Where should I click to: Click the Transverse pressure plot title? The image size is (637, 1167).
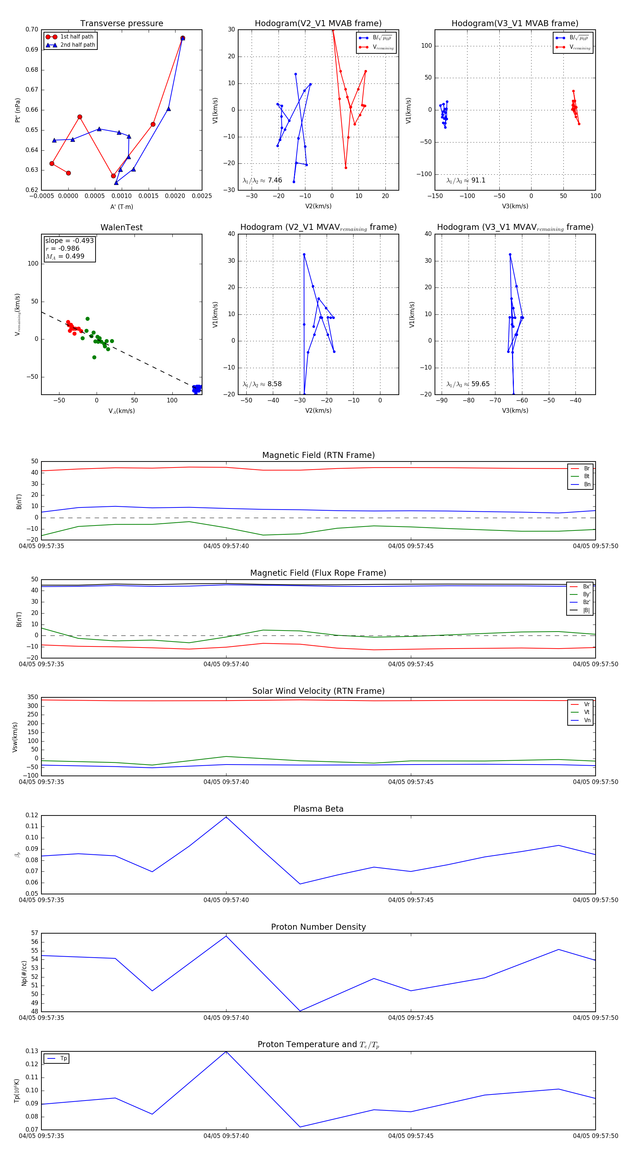(121, 24)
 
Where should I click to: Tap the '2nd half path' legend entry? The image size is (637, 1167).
(78, 45)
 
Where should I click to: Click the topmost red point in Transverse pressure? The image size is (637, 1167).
(183, 38)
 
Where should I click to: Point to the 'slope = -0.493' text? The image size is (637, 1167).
(69, 240)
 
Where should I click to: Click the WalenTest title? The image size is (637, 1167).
(121, 227)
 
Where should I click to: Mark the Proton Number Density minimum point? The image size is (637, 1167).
(300, 1011)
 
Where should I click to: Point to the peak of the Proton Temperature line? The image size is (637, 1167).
(226, 1051)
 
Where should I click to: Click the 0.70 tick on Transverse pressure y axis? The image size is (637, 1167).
(32, 29)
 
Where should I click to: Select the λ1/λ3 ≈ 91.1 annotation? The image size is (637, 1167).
(466, 180)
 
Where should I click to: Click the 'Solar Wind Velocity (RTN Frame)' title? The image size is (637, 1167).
(318, 691)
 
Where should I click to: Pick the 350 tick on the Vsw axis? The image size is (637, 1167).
(33, 697)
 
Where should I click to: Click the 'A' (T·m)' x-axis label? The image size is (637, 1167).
(121, 207)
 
